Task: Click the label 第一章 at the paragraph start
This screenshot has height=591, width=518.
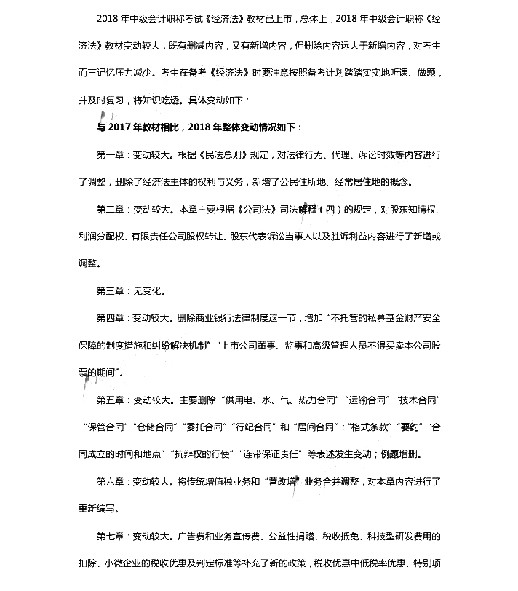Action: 110,155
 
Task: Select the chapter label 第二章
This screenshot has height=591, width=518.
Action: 110,210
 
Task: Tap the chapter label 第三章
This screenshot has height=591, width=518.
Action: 110,291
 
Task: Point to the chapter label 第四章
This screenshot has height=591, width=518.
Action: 110,318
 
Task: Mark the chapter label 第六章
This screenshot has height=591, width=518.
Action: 110,481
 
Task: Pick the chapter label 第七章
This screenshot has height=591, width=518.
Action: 110,536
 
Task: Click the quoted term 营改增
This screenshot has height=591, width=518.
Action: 284,481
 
